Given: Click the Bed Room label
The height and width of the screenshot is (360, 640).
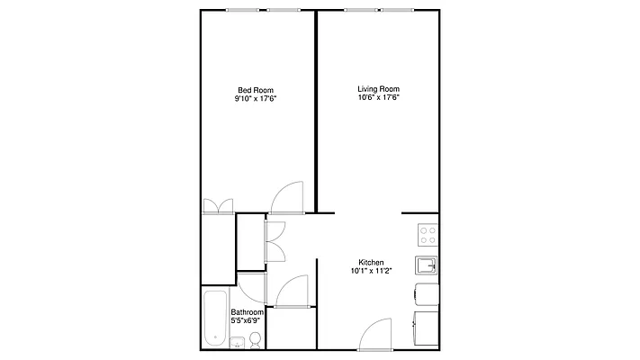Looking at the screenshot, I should coord(256,89).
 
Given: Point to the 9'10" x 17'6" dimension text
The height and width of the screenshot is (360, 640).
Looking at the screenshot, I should coord(256,98).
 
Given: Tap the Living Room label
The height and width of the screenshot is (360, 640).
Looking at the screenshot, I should coord(378,89).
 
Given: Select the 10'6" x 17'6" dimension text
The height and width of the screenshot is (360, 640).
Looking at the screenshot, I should coord(378,98).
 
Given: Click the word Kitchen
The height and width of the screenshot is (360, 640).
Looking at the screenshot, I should coord(372,262).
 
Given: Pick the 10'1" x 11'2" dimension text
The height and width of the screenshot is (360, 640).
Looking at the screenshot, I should coord(372,271).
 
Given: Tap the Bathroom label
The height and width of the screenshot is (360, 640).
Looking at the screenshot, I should coord(247,311).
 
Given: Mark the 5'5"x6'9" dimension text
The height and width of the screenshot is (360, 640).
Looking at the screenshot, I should coord(247,320).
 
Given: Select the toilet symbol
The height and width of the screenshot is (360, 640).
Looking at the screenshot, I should coord(256,340).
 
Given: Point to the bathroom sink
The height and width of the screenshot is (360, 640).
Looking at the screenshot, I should coord(237,343).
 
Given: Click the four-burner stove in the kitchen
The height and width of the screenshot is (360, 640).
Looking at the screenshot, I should coord(428,236).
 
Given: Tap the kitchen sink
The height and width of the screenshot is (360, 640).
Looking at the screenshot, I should coord(427,265).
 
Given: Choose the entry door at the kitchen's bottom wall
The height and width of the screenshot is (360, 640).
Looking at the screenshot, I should coord(376,337).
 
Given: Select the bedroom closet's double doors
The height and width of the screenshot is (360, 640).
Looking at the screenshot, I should coord(217,206).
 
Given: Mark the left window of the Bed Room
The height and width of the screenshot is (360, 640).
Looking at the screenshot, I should coord(239,11).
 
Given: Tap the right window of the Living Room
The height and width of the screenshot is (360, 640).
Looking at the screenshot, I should coord(397,11).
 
